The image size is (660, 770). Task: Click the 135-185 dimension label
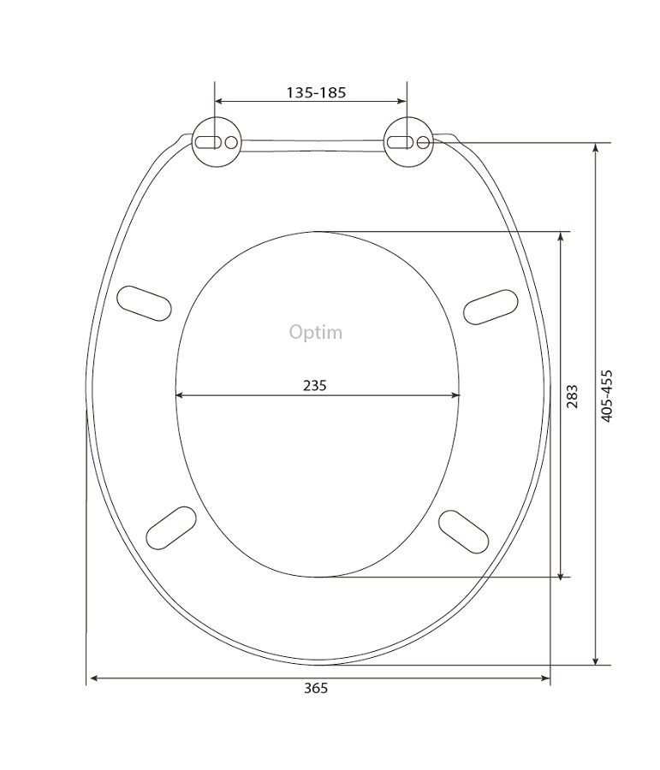pyautogui.click(x=316, y=92)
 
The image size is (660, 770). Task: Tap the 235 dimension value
pyautogui.click(x=314, y=386)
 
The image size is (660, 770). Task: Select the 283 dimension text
pyautogui.click(x=572, y=397)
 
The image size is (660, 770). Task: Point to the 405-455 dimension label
pyautogui.click(x=607, y=396)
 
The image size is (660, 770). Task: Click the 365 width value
pyautogui.click(x=316, y=688)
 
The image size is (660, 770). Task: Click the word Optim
pyautogui.click(x=316, y=333)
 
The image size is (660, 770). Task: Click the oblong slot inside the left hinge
pyautogui.click(x=208, y=142)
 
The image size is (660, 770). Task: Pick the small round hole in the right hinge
pyautogui.click(x=423, y=142)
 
